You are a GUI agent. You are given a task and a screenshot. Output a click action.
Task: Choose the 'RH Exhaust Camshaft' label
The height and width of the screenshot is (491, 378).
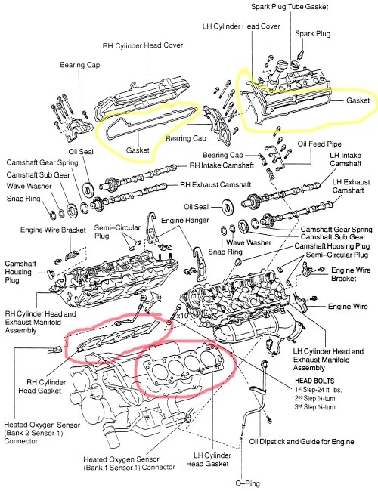(218, 184)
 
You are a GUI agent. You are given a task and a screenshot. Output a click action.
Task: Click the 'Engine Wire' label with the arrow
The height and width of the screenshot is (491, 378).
(348, 307)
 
